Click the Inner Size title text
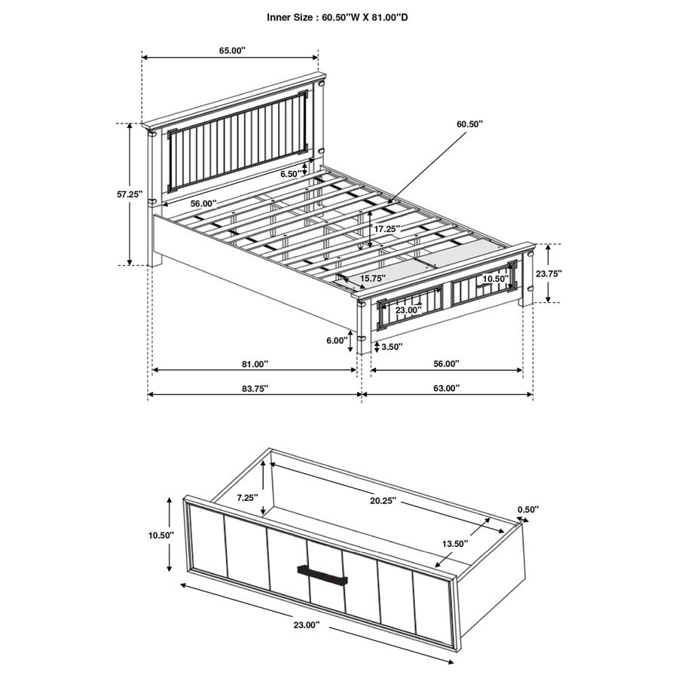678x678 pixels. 337,17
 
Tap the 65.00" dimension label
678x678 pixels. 232,50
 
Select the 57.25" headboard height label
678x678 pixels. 130,194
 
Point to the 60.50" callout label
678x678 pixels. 469,123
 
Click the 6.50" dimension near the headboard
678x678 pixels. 290,174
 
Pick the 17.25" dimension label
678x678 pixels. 386,228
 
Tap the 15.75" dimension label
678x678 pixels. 374,279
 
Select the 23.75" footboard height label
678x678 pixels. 548,273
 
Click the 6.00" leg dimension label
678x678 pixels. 336,341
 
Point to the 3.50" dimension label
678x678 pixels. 392,347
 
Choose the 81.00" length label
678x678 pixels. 255,364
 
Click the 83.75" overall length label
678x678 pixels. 255,388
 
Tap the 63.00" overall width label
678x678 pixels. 446,388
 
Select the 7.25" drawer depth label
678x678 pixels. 247,497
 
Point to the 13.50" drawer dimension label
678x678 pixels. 454,543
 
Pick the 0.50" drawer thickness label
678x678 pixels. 528,509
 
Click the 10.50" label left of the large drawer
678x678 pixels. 161,535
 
